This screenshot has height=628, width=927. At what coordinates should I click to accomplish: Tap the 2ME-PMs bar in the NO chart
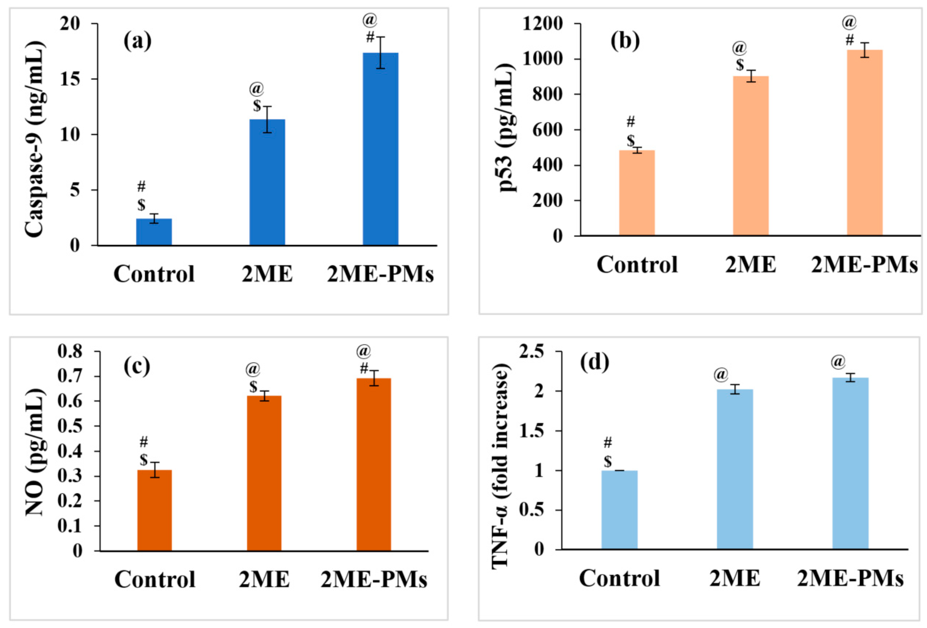pos(374,464)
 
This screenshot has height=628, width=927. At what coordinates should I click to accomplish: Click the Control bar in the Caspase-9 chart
pos(154,232)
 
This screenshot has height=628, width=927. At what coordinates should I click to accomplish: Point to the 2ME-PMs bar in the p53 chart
pos(865,142)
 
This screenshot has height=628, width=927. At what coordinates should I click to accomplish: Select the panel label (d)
pos(595,362)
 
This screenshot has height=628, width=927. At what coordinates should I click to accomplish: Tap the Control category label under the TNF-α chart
pos(619,578)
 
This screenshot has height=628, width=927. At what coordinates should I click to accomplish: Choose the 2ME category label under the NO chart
pos(264,580)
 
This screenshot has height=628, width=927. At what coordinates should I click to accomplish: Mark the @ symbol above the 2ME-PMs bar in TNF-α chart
pos(838,361)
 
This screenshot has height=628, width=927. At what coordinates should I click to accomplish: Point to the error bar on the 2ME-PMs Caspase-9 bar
pos(380,53)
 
